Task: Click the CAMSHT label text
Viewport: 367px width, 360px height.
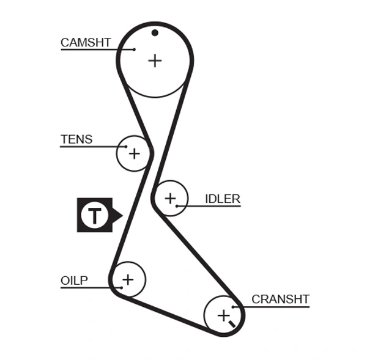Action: (x=86, y=43)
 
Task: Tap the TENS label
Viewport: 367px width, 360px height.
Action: (x=76, y=139)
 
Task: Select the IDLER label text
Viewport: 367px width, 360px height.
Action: (x=223, y=199)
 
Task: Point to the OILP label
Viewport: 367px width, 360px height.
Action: (x=74, y=281)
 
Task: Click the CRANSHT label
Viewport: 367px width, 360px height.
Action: (x=280, y=299)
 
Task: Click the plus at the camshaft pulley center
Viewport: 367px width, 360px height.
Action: (x=155, y=60)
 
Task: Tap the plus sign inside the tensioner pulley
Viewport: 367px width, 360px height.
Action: (x=133, y=153)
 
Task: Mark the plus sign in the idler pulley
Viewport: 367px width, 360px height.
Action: (x=169, y=198)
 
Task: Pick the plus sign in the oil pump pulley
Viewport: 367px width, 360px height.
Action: (x=127, y=280)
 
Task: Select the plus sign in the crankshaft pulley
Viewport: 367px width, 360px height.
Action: (x=223, y=315)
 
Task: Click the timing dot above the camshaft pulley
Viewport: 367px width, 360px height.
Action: (x=155, y=32)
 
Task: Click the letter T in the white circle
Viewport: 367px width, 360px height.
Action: (x=94, y=215)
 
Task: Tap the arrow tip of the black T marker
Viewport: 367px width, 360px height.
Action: (x=122, y=215)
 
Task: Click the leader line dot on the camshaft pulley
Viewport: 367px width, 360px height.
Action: (x=134, y=49)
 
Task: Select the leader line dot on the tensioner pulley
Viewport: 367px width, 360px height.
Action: (x=126, y=147)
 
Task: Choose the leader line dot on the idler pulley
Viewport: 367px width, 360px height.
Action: (x=176, y=206)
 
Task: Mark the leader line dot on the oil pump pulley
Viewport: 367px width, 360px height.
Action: (x=122, y=287)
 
